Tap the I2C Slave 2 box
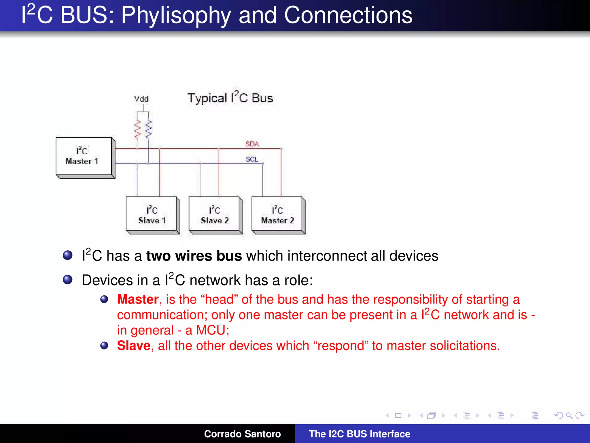[214, 215]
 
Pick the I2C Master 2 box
[277, 215]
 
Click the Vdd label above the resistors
[141, 99]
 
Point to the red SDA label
[252, 144]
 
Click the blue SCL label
[252, 159]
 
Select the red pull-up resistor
[137, 129]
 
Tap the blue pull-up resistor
[149, 129]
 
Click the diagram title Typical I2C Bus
[230, 98]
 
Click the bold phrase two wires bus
[194, 256]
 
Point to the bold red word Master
[138, 299]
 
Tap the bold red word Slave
[134, 346]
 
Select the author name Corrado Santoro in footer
[242, 434]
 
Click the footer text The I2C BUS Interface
[359, 434]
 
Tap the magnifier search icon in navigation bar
[569, 416]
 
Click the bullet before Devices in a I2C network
[68, 279]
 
